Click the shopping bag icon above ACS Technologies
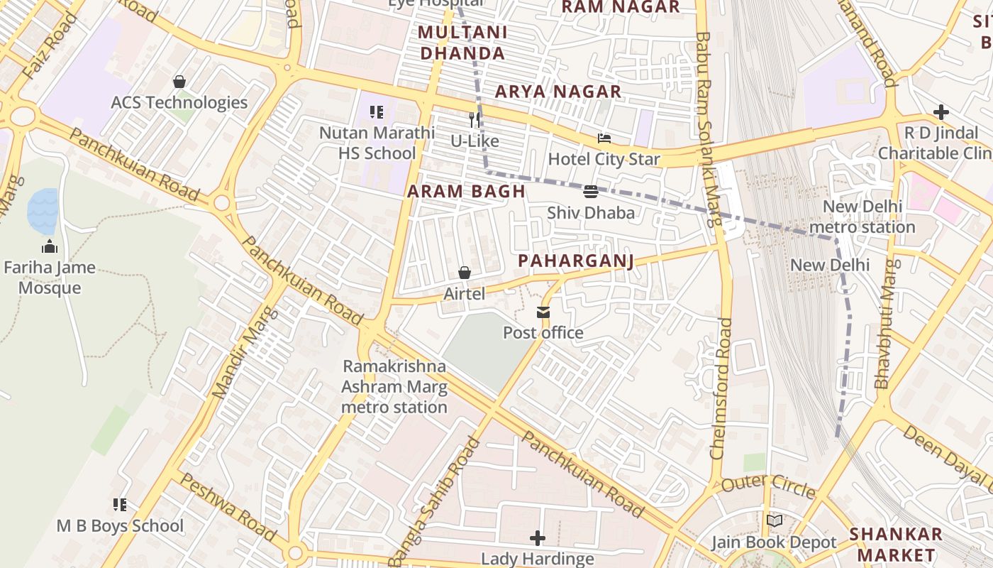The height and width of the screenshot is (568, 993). coord(179,82)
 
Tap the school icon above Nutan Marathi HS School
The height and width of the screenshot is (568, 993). coord(377,112)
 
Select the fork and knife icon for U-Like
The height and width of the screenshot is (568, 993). coord(475,120)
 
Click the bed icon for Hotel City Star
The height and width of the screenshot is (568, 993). coord(604,138)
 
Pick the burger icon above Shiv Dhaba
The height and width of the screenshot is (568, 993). coord(591,192)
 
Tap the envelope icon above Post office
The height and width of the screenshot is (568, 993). coord(543,312)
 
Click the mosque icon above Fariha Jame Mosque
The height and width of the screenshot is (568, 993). coord(50,247)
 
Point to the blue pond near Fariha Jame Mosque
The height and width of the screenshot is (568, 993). coord(43,211)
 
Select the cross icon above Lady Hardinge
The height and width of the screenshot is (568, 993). coord(538,538)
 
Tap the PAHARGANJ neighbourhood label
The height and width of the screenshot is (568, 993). coord(576,261)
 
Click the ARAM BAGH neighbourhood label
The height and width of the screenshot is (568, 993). coord(466,191)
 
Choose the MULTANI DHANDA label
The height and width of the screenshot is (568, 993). coord(462,43)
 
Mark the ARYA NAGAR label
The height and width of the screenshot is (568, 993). coord(558,92)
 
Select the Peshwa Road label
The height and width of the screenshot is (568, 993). coord(226,507)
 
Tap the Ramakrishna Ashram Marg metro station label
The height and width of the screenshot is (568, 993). coord(394,386)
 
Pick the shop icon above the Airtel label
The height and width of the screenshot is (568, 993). coord(465,273)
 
